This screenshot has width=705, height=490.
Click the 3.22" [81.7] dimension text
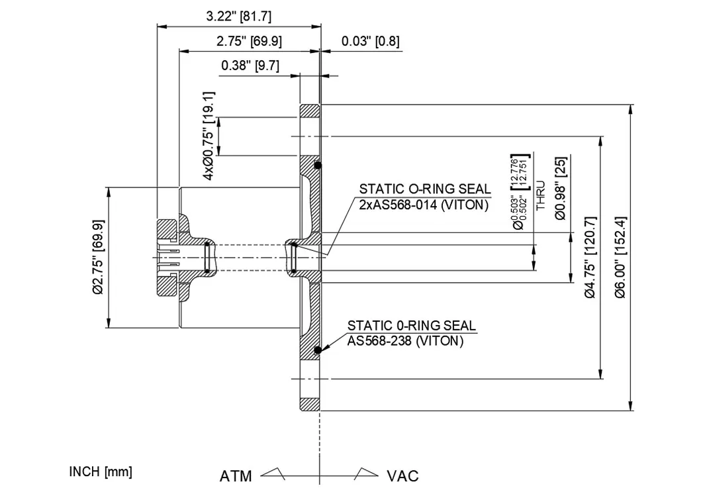tap(240, 16)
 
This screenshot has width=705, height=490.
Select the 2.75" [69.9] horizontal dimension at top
tap(249, 41)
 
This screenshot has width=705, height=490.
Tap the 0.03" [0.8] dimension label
tap(370, 41)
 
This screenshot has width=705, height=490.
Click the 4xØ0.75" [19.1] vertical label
tap(209, 136)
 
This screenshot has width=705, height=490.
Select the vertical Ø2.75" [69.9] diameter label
tap(97, 257)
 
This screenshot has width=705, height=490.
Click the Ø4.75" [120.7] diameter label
tap(590, 257)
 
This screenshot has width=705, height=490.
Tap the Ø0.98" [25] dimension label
tap(560, 188)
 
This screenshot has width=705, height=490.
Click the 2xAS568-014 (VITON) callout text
tap(424, 205)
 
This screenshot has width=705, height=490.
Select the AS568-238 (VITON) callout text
tap(405, 341)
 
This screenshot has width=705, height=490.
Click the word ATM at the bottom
tap(236, 476)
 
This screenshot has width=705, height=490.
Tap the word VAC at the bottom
tap(402, 476)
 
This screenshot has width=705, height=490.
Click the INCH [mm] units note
tap(101, 471)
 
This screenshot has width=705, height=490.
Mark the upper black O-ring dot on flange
tap(318, 165)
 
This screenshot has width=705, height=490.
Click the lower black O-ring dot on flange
tap(318, 350)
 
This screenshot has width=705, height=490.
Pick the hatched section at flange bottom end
tap(310, 404)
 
